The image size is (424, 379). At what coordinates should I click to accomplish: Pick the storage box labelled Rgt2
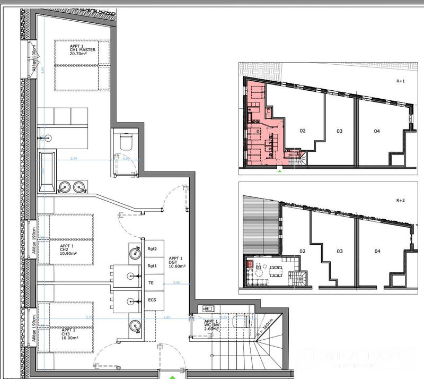coord(152,248)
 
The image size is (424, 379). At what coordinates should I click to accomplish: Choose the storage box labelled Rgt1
coord(152,266)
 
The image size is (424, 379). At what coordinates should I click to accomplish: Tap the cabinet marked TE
coord(151,283)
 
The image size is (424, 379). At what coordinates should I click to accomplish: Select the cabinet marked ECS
coord(152,300)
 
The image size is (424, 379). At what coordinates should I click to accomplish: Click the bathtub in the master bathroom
coord(46,173)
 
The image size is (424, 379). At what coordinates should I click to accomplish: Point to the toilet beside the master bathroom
coord(126,141)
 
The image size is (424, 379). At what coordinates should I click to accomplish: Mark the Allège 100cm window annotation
coord(33,61)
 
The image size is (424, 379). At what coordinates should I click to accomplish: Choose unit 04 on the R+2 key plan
coord(377,251)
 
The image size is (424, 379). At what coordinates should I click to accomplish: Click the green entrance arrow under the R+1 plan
coord(279,171)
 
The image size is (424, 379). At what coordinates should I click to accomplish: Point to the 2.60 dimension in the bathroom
coord(74,159)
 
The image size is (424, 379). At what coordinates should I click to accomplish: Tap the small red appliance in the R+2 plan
coord(248,262)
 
